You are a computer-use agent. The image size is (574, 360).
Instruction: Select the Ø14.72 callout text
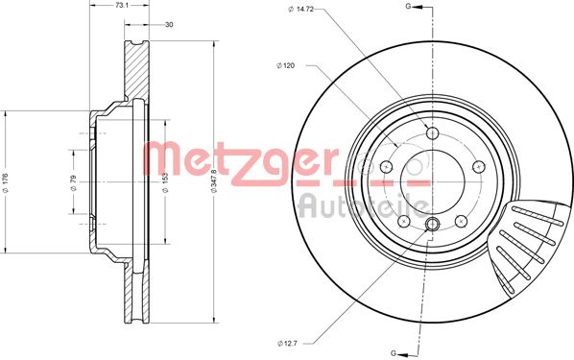coord(300,11)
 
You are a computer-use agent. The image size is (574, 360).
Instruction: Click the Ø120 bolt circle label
coord(285,65)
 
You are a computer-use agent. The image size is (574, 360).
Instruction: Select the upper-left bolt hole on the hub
coord(387,166)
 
